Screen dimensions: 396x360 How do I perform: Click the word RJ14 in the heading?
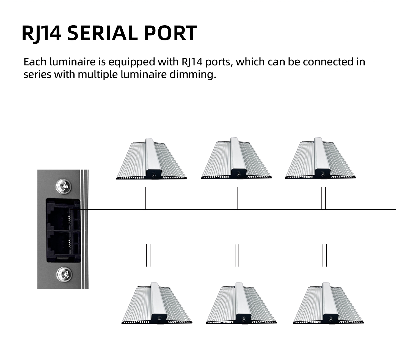[41, 33]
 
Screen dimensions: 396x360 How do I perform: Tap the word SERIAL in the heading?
[103, 33]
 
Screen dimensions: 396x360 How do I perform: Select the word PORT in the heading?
[170, 33]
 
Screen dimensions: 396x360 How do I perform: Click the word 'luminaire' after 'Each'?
[72, 62]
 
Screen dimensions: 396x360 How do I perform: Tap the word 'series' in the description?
[37, 75]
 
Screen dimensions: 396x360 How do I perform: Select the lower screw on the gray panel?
[64, 274]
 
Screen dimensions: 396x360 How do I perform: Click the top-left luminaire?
[152, 159]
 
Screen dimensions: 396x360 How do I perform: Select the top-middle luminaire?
[237, 158]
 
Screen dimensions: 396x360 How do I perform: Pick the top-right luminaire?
[320, 158]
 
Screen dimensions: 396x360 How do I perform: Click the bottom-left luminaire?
[157, 303]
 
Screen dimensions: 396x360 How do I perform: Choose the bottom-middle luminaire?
[241, 303]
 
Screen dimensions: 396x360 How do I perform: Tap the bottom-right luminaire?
[328, 303]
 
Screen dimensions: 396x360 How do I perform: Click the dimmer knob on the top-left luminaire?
[153, 175]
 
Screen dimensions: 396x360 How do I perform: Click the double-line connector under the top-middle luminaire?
[236, 198]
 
